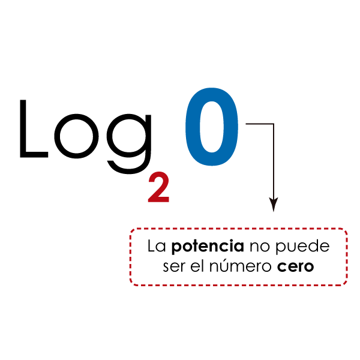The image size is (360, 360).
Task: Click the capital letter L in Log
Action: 23,128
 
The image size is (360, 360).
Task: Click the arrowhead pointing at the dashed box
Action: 274,205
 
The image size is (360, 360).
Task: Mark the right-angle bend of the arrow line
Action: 274,124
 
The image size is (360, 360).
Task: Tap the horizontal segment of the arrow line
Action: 259,124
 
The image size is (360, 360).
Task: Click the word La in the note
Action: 157,246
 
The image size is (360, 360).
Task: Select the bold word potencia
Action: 208,247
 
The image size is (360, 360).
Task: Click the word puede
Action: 302,247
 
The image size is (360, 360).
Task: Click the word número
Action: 241,266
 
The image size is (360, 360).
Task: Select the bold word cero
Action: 295,267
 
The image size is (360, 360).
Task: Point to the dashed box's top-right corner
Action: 346,229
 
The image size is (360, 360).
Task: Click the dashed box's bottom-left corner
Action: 131,285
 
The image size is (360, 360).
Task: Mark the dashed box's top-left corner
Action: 131,229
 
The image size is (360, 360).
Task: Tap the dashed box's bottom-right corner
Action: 346,285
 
